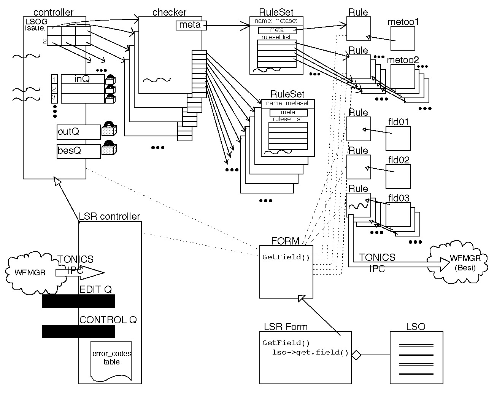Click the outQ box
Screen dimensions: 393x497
coord(78,132)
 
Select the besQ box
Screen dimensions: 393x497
coord(78,151)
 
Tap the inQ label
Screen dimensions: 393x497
coord(82,79)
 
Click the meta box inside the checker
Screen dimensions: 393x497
coord(191,26)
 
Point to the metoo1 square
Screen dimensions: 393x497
coord(403,38)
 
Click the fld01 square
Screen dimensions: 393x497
coord(398,138)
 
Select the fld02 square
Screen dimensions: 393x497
coord(398,176)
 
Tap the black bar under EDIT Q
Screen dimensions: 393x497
coord(78,301)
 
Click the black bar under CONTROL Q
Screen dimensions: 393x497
coord(78,331)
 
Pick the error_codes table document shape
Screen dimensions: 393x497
coord(111,360)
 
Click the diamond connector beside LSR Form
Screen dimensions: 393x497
coord(356,355)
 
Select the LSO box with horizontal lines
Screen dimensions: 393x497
coord(416,357)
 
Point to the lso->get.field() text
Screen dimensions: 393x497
coord(310,352)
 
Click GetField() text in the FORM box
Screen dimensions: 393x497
coord(286,257)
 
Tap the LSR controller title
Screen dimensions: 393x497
coord(110,217)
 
